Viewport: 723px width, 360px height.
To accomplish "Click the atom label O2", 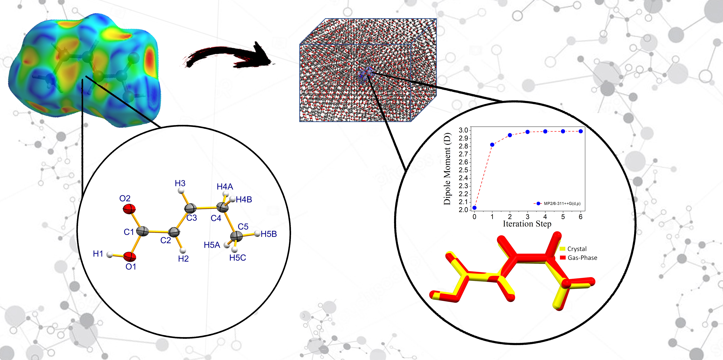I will pyautogui.click(x=125, y=199).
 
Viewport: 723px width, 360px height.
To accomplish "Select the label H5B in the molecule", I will pyautogui.click(x=269, y=234).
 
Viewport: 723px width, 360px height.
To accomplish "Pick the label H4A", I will pyautogui.click(x=225, y=186).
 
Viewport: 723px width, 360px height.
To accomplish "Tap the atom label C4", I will pyautogui.click(x=216, y=218).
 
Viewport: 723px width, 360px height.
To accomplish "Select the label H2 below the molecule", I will pyautogui.click(x=183, y=259).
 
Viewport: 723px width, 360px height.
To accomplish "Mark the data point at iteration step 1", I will pyautogui.click(x=492, y=145).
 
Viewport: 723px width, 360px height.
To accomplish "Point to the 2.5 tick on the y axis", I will pyautogui.click(x=463, y=170).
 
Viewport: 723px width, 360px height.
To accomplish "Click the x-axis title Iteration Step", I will pyautogui.click(x=527, y=224).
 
